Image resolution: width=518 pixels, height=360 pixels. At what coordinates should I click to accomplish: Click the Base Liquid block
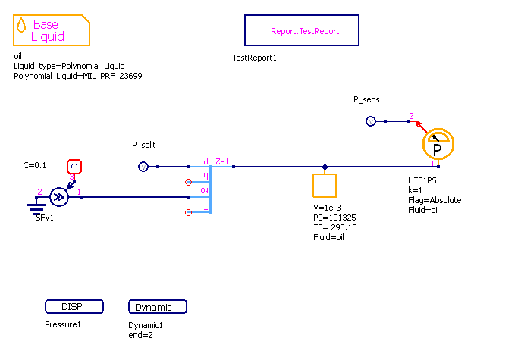(x=51, y=30)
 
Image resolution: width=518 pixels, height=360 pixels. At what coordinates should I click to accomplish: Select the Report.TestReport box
(x=301, y=31)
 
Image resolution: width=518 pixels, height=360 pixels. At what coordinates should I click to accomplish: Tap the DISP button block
(x=74, y=307)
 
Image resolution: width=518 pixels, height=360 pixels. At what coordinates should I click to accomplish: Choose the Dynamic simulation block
(x=158, y=307)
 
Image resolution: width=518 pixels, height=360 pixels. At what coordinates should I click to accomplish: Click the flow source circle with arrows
(x=59, y=198)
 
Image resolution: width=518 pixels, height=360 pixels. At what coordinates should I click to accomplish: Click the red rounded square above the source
(x=74, y=167)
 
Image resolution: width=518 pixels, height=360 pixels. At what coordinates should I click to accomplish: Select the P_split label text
(x=143, y=145)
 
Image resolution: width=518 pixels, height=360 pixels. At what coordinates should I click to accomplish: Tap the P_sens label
(x=366, y=100)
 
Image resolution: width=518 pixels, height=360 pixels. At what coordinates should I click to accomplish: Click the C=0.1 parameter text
(x=35, y=164)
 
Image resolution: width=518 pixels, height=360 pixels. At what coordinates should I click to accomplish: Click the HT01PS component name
(x=422, y=181)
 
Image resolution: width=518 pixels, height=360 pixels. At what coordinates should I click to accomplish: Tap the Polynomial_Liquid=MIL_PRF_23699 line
(x=78, y=76)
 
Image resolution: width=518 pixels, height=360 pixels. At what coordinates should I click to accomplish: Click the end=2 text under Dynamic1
(x=140, y=334)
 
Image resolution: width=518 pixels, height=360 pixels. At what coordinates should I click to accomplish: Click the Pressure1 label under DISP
(x=63, y=324)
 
